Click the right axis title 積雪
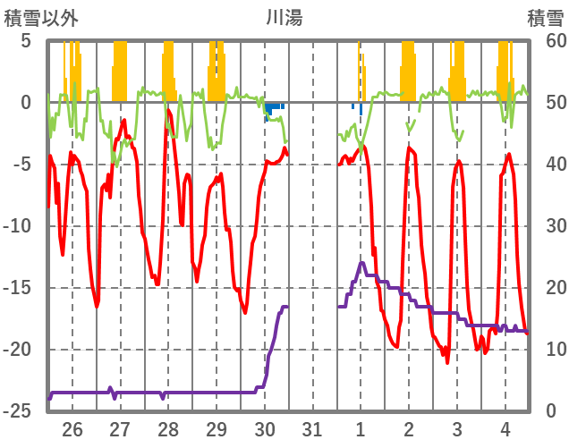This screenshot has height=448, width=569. pos(545,17)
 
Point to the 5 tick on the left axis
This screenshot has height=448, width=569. pos(26,41)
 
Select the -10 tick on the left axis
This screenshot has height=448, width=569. pos(20,226)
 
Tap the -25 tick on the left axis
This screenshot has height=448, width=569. pos(20,411)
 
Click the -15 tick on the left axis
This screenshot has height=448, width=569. pos(20,288)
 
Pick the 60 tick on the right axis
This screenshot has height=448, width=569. pos(546,41)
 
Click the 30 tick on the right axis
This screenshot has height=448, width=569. pos(546,226)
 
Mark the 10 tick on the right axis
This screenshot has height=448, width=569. pos(546,350)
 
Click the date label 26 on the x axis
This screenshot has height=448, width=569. pos(72,430)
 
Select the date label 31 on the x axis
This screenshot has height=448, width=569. pos(312,430)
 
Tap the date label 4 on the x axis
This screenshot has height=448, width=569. pos(505,430)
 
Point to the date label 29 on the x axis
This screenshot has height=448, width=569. pos(217,430)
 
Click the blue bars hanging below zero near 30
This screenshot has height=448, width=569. pos(273,109)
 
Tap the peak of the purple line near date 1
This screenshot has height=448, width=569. pos(361,263)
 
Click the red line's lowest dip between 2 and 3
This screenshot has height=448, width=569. pos(447,361)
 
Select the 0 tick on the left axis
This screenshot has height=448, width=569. pos(26,103)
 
